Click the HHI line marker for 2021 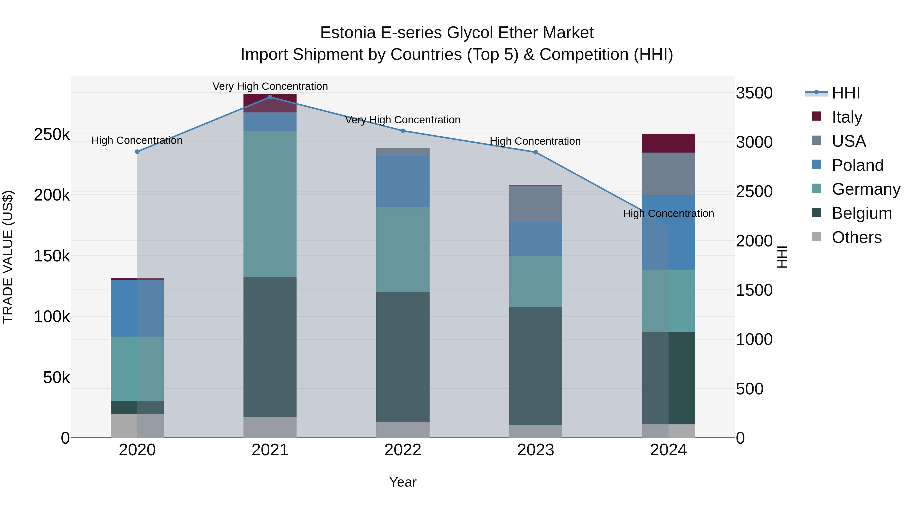click(270, 97)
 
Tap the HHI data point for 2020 click(137, 152)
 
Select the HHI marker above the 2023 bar click(536, 153)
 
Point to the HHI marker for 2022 click(403, 131)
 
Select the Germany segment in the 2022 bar click(403, 250)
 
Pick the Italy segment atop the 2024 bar click(668, 143)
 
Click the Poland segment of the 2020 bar click(137, 308)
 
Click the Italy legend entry click(846, 117)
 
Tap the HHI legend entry click(845, 93)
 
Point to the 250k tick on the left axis click(52, 135)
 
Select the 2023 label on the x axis click(536, 450)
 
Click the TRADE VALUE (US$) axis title click(8, 257)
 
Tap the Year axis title click(403, 482)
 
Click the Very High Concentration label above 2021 click(270, 86)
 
